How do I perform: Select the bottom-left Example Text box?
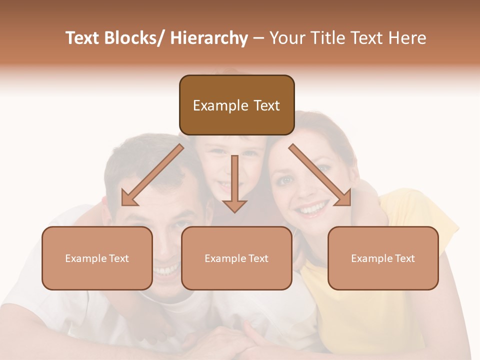(97, 258)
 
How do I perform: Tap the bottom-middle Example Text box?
(236, 258)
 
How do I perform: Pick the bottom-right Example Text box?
(383, 258)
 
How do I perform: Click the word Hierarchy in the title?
(209, 38)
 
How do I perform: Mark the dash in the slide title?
(259, 38)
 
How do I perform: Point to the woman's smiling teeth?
(312, 207)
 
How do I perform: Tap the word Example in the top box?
(213, 105)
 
